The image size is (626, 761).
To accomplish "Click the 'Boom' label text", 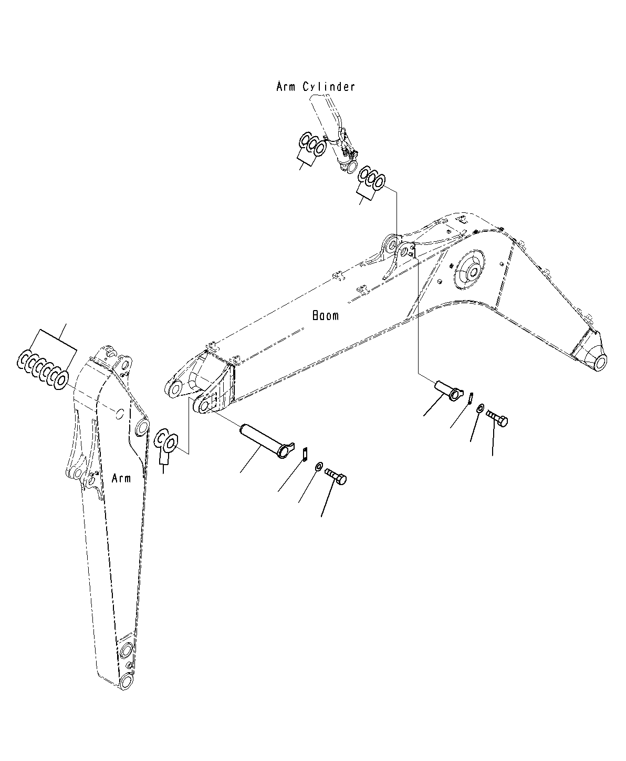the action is (325, 316).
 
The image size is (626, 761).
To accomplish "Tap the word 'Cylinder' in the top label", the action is (329, 87).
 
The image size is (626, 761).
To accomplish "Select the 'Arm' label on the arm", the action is (121, 478).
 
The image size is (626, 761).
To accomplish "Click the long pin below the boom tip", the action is (267, 441).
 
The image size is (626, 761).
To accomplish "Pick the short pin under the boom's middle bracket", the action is (448, 390).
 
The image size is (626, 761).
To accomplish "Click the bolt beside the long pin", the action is (336, 476).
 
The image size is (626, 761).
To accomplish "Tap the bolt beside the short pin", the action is (496, 418).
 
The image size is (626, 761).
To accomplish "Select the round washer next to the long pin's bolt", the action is (318, 466).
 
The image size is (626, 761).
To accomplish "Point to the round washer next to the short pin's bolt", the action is (481, 408).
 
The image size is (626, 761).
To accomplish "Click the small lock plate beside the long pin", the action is (305, 454).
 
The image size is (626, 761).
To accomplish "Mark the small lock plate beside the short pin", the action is (471, 398).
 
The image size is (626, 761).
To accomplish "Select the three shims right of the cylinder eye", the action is (371, 178).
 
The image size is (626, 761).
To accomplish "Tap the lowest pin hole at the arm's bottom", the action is (127, 682).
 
